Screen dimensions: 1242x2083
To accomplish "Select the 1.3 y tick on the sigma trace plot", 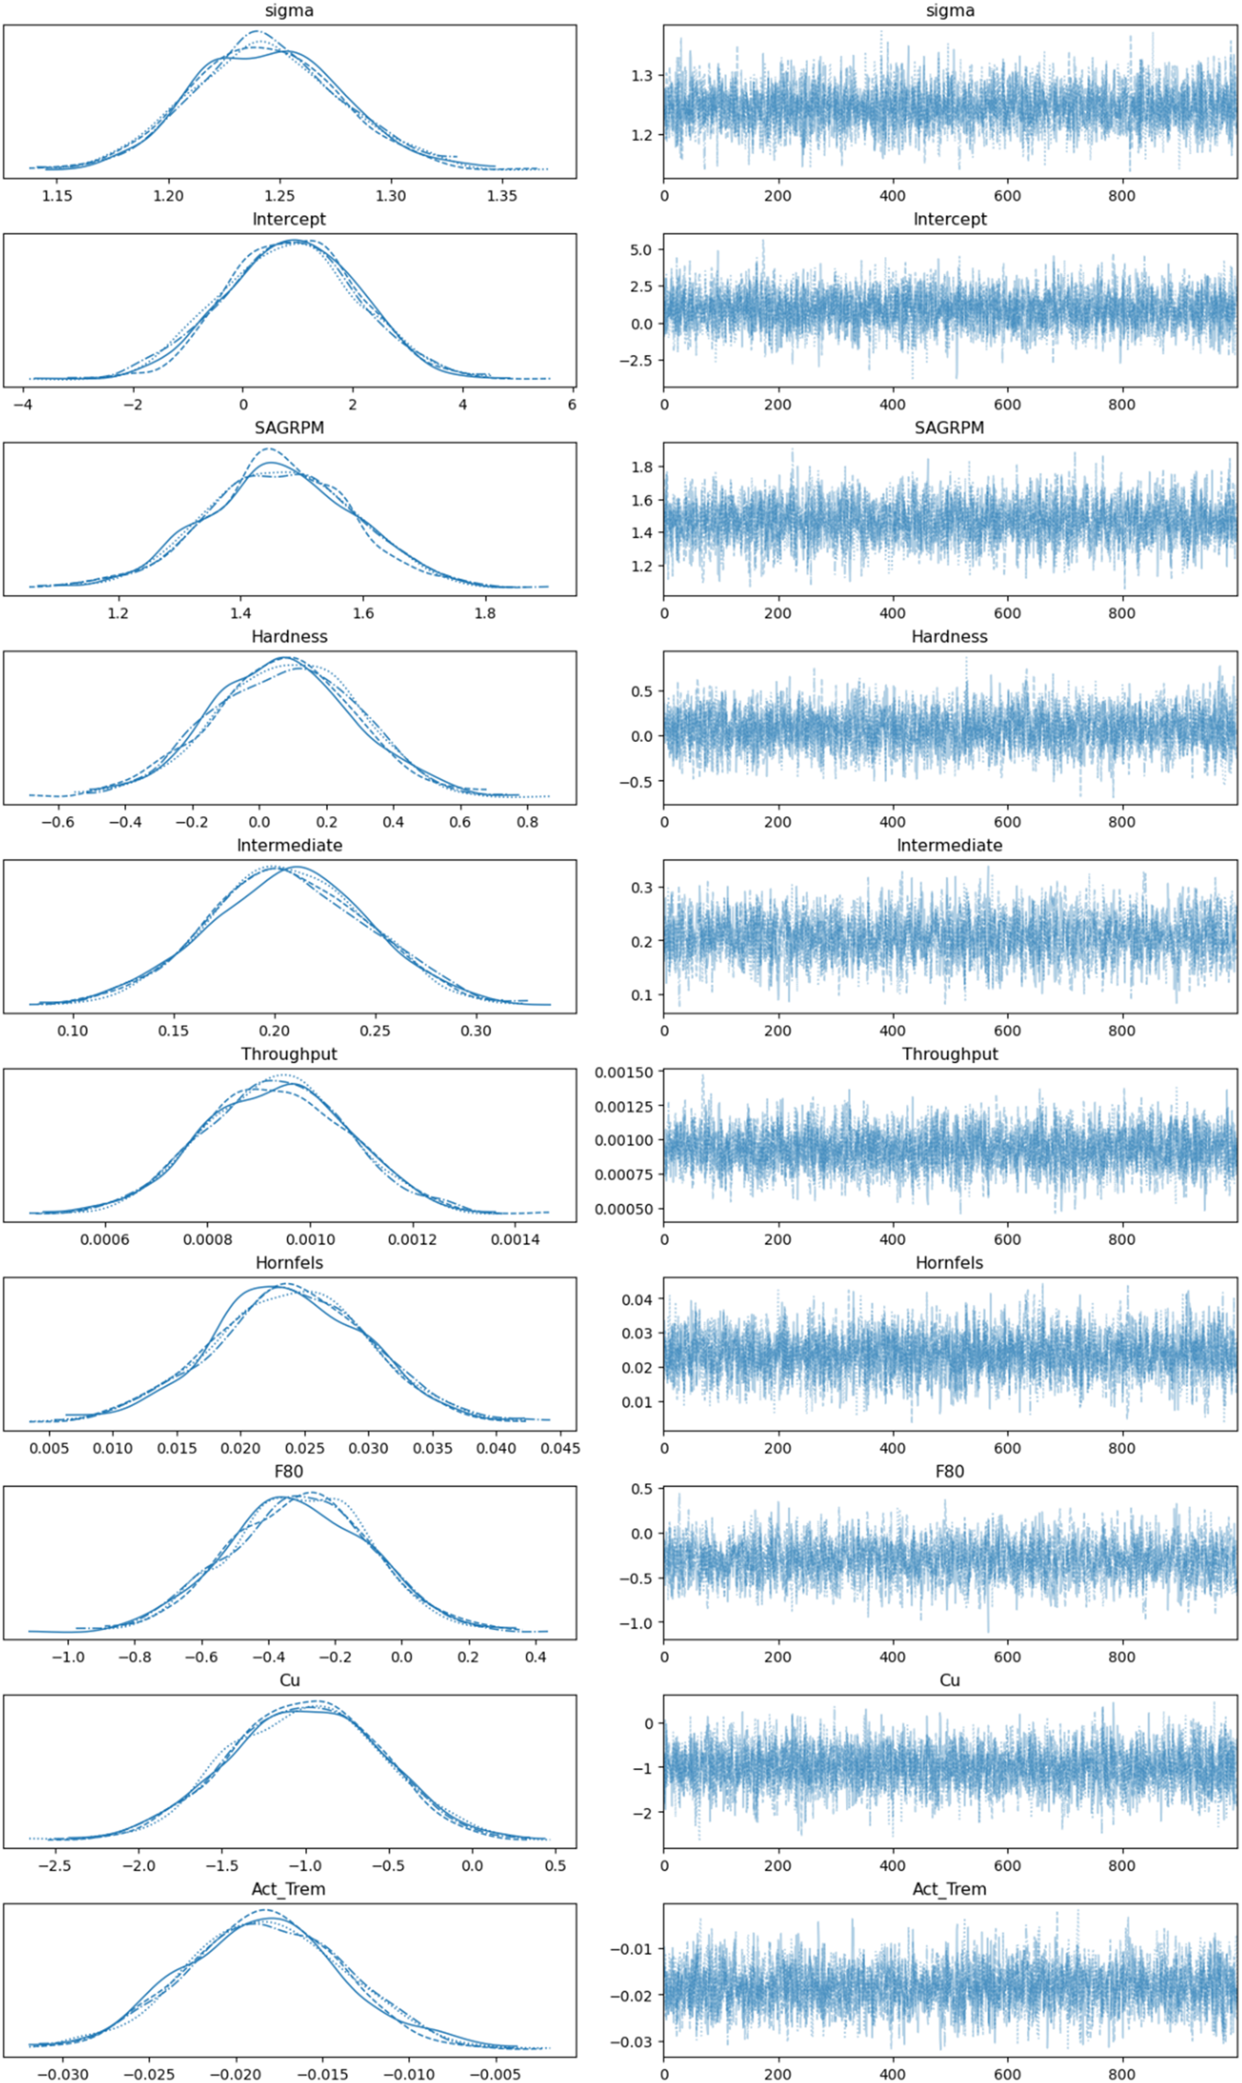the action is coord(642,75).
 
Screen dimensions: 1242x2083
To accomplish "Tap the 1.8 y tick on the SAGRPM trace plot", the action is coord(642,467).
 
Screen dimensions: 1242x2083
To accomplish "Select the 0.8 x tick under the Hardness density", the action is coord(527,822).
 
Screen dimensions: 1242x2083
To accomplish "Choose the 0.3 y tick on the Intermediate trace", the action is coord(642,887).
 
